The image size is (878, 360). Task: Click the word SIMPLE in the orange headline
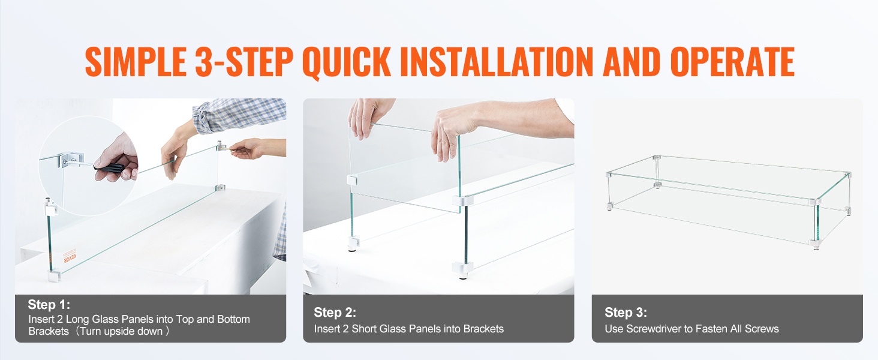coord(136,62)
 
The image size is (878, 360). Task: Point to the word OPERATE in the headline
coord(732,62)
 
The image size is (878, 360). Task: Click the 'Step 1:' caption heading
coord(49,304)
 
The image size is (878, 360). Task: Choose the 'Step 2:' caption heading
coord(335,312)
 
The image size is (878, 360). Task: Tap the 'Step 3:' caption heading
coord(626,312)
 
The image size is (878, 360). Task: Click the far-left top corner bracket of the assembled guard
coord(609,174)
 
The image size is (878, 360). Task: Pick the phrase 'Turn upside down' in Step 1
coord(119,331)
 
